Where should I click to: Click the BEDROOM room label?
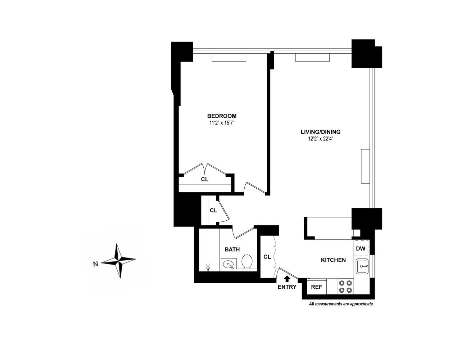222,116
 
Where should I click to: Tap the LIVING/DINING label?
320,132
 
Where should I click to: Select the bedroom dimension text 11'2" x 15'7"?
222,123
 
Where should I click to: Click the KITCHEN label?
333,260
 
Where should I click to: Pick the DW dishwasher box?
361,248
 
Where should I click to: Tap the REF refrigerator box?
317,287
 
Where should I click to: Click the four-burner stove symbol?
345,287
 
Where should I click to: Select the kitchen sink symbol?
362,267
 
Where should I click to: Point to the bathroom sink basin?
228,265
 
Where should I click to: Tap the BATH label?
232,249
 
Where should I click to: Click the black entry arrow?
287,278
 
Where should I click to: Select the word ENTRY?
287,287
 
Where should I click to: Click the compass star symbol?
118,261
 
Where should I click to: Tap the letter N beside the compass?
95,264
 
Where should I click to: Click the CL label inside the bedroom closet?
205,179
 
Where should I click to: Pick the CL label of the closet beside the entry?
267,257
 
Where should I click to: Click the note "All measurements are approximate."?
341,304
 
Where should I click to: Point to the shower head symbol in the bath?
208,267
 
